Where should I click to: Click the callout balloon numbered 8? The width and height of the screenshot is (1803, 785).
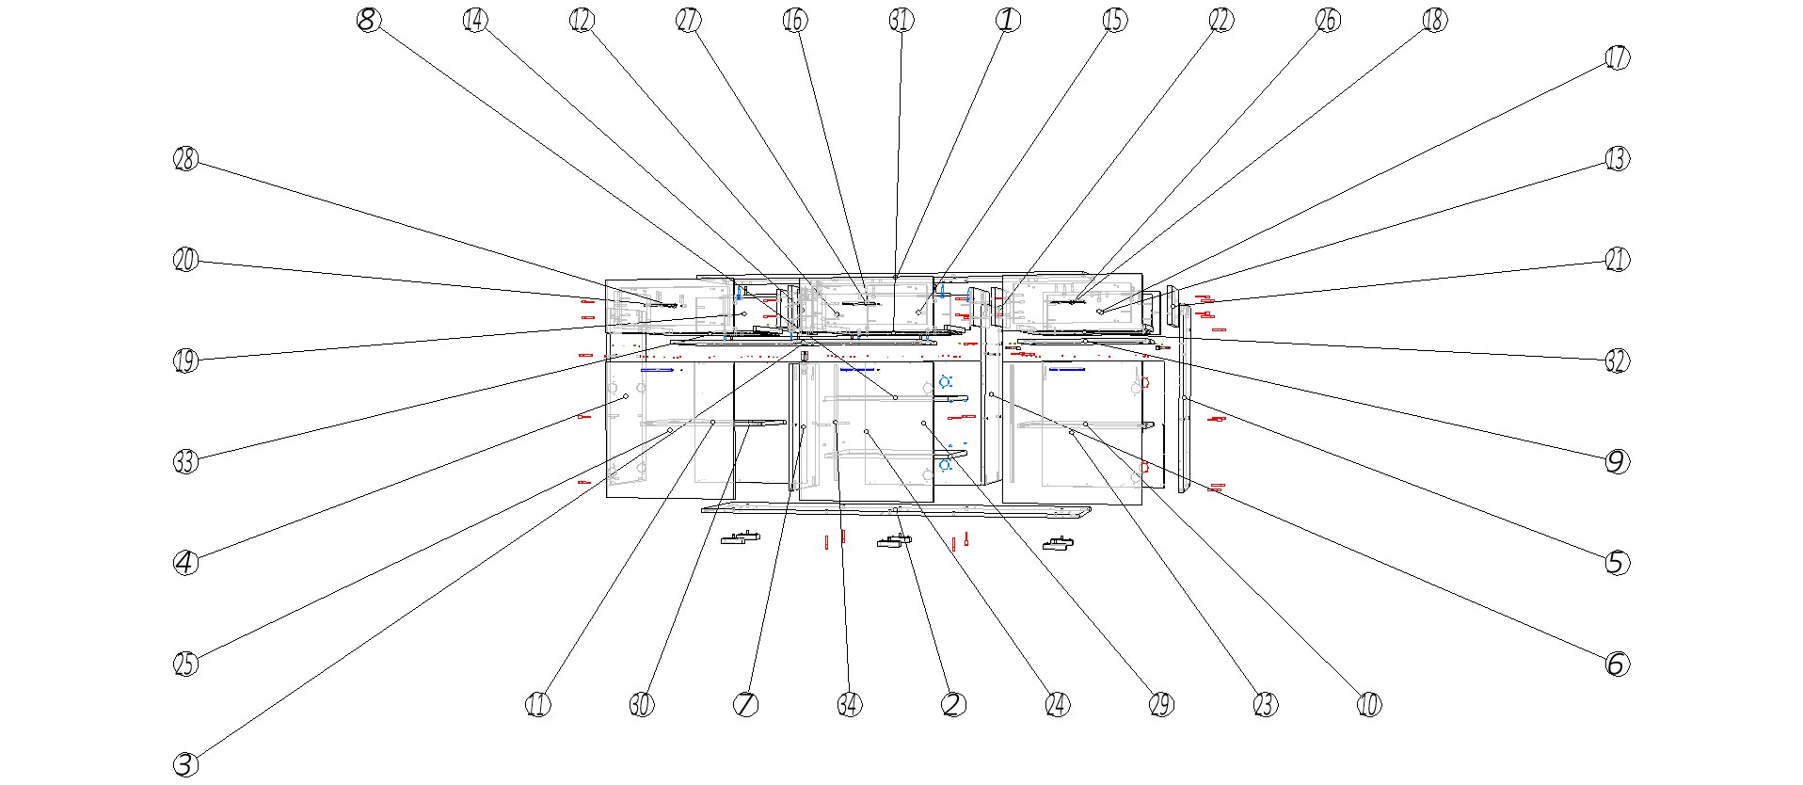coord(369,20)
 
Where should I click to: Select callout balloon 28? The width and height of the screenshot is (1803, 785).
coord(185,159)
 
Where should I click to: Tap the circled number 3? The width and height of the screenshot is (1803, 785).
coord(185,764)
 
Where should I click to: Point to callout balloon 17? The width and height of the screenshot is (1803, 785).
coord(1616,58)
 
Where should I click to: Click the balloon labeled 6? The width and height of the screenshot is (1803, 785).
coord(1616,664)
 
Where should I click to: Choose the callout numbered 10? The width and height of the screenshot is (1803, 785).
coord(1368,704)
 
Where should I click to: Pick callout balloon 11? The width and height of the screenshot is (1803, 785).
coord(537,704)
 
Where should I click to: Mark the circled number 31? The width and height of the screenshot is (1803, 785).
coord(901,20)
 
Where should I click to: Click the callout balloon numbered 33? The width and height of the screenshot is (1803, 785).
coord(185,461)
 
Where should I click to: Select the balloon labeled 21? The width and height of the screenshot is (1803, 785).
coord(1616,260)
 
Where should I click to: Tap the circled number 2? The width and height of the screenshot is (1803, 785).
coord(952,704)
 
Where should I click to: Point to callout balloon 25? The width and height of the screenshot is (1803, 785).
coord(185,664)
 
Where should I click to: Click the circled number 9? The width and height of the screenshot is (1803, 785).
coord(1616,461)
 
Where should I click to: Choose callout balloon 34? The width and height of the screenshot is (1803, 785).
coord(849,704)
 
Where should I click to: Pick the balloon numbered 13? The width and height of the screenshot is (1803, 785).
coord(1616,159)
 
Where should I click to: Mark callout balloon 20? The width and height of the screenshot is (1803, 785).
coord(185,260)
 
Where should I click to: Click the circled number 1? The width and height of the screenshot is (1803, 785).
coord(1007,20)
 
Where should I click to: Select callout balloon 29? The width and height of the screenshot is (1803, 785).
coord(1161,704)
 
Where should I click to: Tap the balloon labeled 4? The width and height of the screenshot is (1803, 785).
coord(185,563)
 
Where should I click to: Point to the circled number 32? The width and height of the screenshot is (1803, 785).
coord(1616,360)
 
